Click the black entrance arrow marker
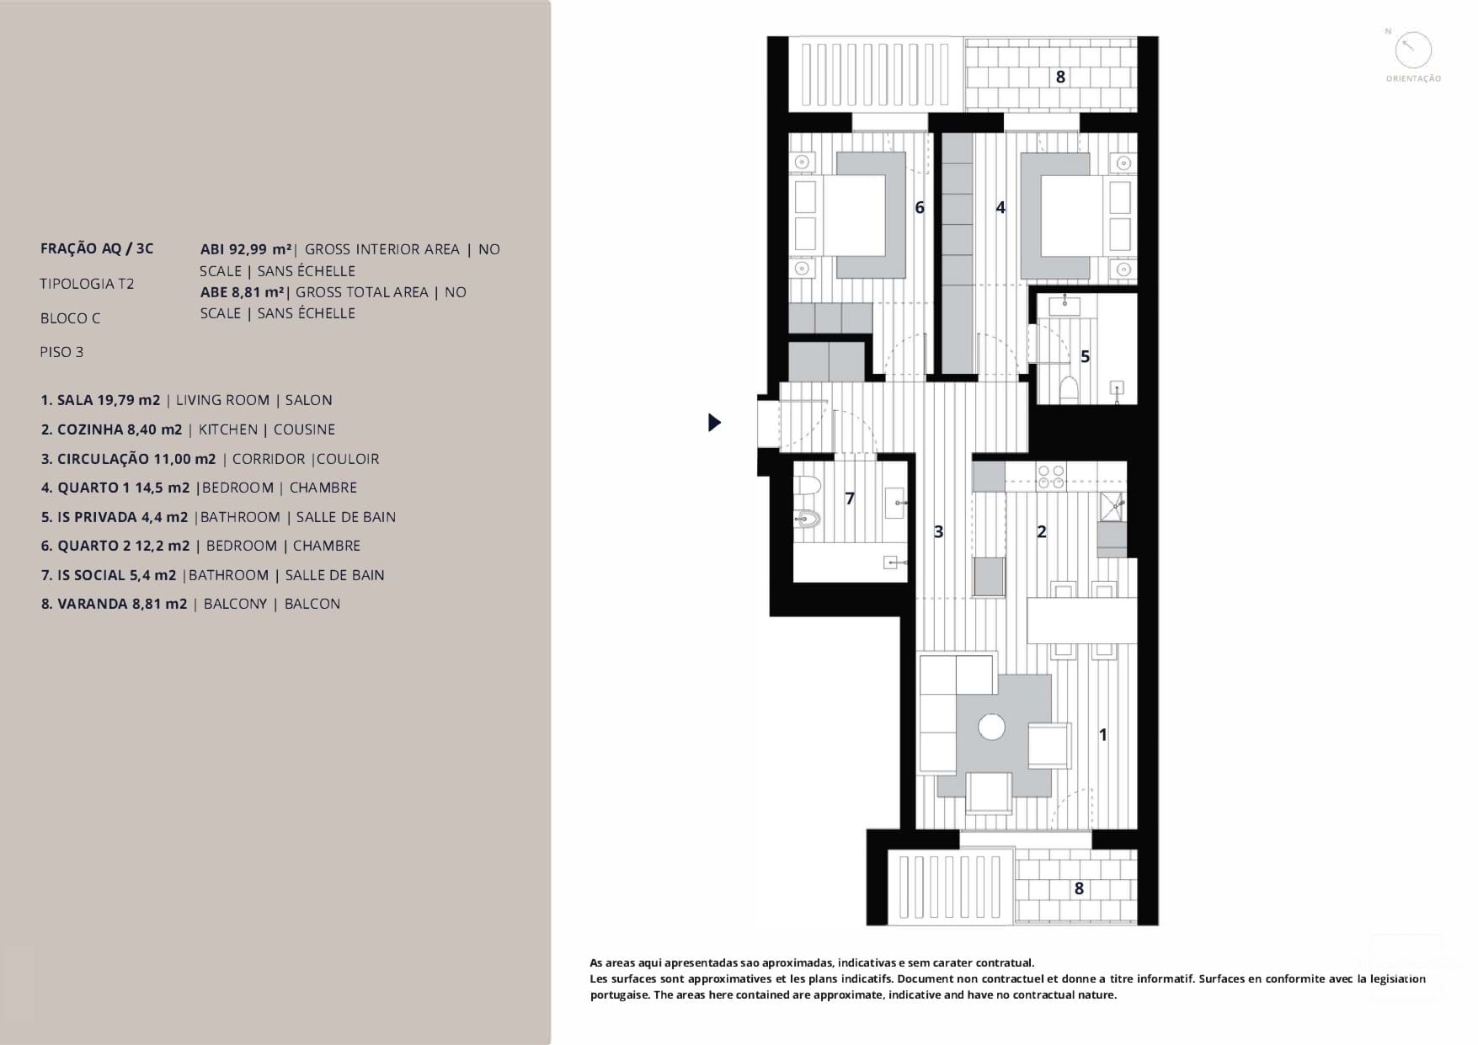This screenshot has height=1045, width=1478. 714,422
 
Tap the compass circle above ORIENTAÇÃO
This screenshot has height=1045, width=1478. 1412,51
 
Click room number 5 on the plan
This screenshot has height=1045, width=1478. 1085,356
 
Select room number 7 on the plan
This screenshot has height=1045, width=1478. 849,499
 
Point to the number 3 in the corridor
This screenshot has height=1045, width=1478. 938,531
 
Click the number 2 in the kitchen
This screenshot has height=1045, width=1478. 1041,531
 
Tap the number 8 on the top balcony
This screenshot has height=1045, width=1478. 1060,77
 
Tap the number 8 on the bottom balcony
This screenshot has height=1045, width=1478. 1079,888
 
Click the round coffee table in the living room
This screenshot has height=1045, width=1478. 991,727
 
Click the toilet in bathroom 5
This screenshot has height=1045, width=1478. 1069,388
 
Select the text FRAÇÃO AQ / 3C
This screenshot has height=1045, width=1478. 97,248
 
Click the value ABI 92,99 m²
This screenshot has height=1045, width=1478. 246,249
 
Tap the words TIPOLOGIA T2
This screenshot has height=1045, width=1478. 87,284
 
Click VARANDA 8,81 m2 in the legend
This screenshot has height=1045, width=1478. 114,604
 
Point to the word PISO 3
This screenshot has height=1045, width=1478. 61,352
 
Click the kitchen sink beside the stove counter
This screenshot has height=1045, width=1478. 1113,506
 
